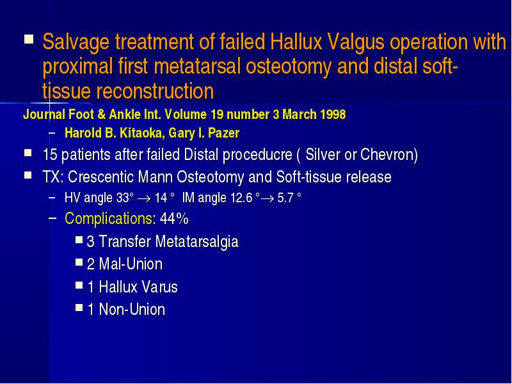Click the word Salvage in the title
[x=76, y=42]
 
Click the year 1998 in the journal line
[x=333, y=115]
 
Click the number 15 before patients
[x=50, y=154]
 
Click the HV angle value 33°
[x=125, y=198]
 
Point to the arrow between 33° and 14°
[x=143, y=198]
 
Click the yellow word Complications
[x=108, y=218]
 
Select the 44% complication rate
[x=174, y=218]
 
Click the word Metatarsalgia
[x=196, y=242]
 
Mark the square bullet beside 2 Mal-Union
[x=79, y=262]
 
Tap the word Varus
[x=159, y=287]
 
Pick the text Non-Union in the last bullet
[x=132, y=309]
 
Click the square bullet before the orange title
[x=29, y=40]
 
